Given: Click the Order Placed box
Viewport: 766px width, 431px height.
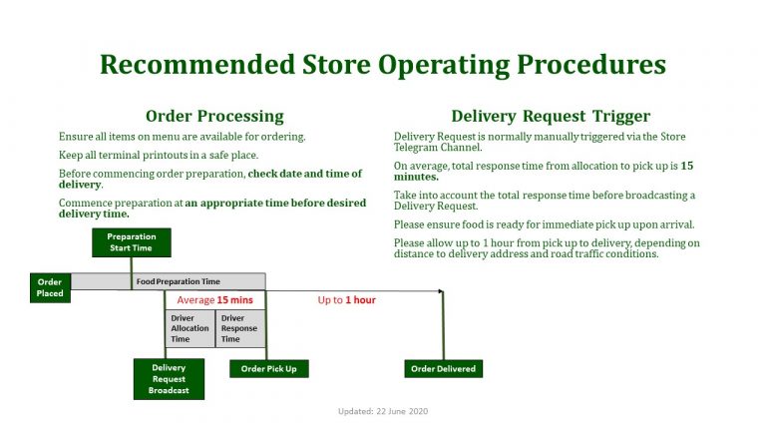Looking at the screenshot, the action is point(50,287).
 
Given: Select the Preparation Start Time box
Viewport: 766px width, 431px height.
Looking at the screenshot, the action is point(132,242).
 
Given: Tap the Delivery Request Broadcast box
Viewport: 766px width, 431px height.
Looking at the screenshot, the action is point(169,379).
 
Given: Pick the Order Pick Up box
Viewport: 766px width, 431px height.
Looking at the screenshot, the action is point(269,369).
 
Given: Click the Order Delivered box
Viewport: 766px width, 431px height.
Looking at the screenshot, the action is point(444,369).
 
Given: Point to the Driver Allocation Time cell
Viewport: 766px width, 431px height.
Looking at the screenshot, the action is point(191,328).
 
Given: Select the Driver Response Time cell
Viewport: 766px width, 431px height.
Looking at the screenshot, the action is point(240,328).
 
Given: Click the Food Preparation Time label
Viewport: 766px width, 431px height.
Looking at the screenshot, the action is point(178,281).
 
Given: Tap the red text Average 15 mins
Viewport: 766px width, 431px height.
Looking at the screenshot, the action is point(215,300).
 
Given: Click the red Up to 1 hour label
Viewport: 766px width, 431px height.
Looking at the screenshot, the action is point(346,300).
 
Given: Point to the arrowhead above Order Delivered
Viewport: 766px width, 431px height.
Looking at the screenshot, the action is point(441,291).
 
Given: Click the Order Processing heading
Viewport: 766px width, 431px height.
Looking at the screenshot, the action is point(214,117).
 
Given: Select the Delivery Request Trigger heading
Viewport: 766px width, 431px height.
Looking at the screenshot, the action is point(551,117).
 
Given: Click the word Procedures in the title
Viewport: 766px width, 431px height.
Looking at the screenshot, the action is point(591,65).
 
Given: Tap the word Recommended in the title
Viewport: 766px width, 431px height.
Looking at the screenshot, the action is point(197,64).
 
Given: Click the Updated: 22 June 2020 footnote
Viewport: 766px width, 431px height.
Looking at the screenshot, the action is point(383,411).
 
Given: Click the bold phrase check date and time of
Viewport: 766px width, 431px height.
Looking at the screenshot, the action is point(305,174).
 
